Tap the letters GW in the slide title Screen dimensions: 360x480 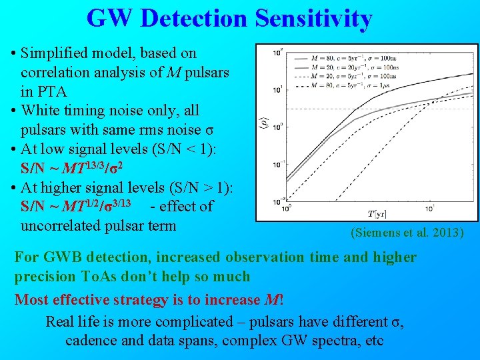[111, 19]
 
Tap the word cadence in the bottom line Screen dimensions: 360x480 [90, 341]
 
